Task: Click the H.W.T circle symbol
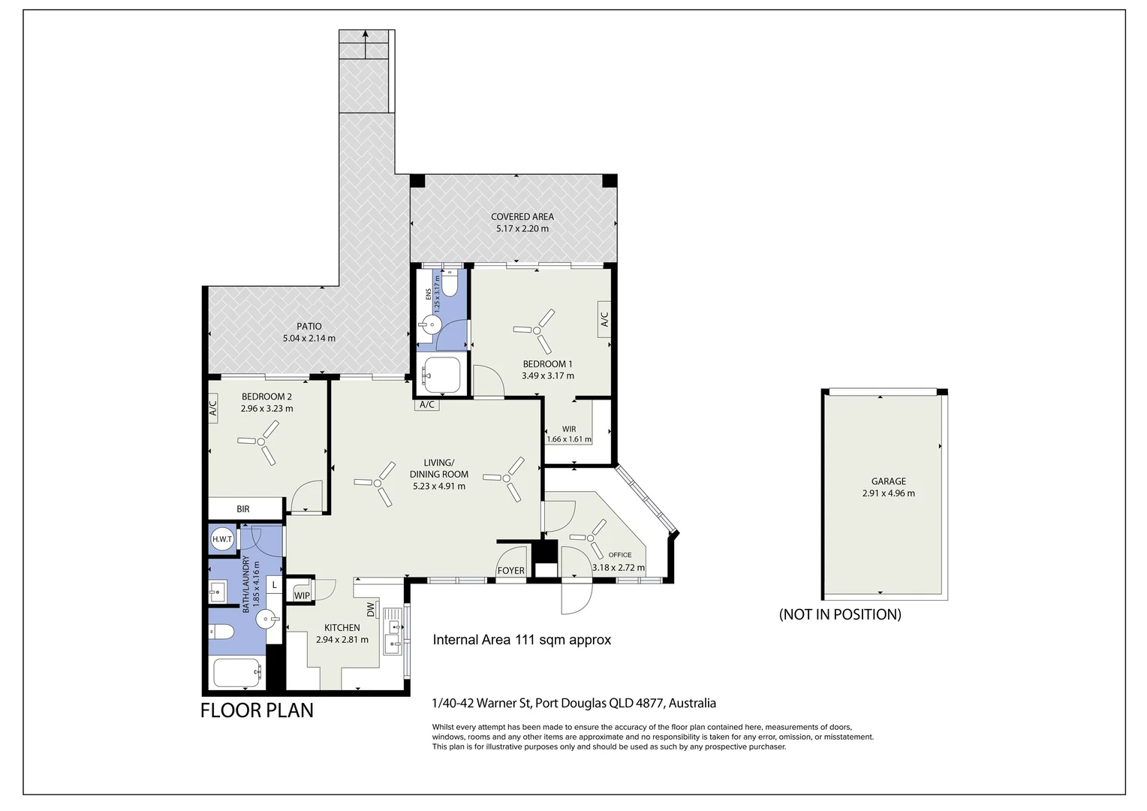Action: point(222,539)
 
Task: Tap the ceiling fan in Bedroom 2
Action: point(260,442)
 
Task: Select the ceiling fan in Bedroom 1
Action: point(536,331)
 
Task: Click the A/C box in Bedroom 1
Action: point(604,319)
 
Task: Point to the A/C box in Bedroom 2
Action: point(213,408)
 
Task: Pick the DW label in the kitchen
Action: point(371,609)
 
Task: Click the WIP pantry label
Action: point(302,595)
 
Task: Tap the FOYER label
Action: point(511,570)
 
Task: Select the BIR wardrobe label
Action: point(243,508)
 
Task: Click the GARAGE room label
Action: point(889,481)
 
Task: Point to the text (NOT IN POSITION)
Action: point(840,614)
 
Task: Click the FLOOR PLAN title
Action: point(257,710)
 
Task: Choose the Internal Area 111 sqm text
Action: point(522,639)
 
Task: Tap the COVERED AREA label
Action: point(522,217)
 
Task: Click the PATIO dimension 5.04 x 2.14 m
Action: point(309,338)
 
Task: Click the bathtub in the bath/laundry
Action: point(237,673)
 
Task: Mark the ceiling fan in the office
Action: point(589,538)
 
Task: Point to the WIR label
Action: point(569,430)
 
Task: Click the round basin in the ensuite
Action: point(429,324)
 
